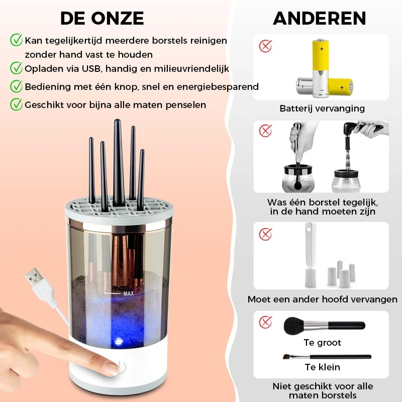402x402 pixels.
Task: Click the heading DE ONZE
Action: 102,18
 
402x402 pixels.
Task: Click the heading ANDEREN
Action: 319,18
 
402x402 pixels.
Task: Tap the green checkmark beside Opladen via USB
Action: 17,68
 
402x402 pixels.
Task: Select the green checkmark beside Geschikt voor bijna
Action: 17,104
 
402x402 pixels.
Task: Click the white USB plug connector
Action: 35,279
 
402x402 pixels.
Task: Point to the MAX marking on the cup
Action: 128,292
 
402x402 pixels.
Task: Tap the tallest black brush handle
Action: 118,161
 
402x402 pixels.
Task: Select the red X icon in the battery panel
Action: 265,46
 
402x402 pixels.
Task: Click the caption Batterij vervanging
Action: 322,108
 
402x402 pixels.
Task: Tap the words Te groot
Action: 322,343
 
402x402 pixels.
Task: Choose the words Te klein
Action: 322,367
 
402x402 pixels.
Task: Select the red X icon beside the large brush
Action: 265,322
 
